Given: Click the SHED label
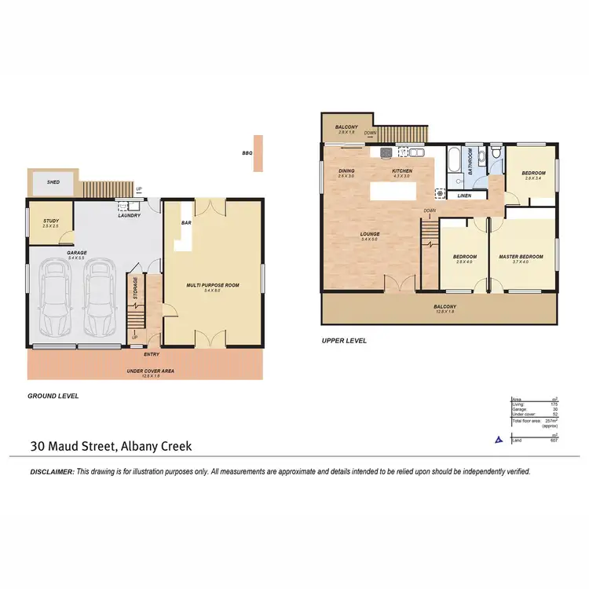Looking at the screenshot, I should point(53,181).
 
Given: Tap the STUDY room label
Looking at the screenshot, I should point(50,221).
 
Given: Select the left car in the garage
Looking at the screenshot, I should point(54,298).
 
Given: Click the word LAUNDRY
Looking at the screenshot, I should point(128,216).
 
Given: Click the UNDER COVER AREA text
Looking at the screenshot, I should point(144,371).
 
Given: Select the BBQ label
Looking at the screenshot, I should point(247,154).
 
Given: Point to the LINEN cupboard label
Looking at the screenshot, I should point(463,195).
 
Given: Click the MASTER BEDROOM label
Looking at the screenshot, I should point(521,257).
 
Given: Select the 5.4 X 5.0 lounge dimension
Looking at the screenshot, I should point(370,239).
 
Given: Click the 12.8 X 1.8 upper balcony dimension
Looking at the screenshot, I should point(444,312).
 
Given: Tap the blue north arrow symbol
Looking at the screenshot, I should point(496,441).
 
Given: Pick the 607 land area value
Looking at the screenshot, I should point(554,441).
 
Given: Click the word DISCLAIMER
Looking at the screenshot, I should point(51,472).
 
